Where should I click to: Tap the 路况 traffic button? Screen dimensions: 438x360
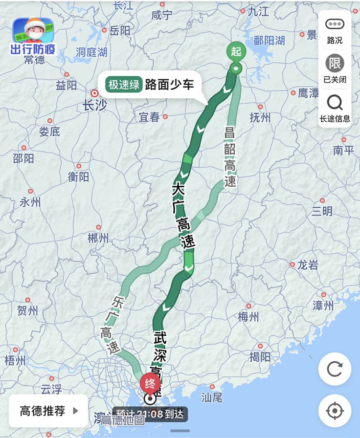335,31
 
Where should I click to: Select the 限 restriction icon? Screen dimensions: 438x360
335,64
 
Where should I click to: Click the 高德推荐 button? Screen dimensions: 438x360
48,411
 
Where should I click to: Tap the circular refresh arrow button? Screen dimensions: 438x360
335,369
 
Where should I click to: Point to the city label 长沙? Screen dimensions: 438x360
94,105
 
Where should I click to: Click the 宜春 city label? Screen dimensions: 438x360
149,117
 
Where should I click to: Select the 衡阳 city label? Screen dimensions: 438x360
78,176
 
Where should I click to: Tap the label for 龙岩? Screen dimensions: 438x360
308,265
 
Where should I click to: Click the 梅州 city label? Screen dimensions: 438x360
248,316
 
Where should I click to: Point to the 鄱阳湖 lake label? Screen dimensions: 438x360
269,40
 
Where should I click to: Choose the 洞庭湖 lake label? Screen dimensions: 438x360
91,52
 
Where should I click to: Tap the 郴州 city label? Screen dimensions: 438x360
98,238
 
